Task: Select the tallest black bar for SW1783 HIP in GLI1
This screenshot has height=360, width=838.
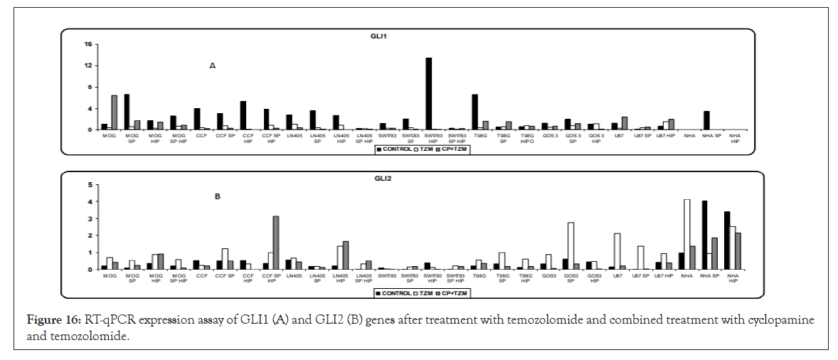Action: tap(429, 93)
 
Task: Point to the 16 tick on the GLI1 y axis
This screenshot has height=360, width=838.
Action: tap(89, 44)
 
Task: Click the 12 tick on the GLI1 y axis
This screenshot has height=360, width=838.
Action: tap(89, 65)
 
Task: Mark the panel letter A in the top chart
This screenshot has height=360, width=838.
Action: tap(212, 65)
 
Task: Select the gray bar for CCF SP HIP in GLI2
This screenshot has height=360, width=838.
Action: tap(275, 243)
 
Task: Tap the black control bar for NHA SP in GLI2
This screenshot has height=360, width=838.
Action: tap(704, 235)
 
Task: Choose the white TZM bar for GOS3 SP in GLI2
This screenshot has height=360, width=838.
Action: tap(571, 245)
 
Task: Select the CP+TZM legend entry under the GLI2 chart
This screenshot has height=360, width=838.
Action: tap(455, 292)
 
